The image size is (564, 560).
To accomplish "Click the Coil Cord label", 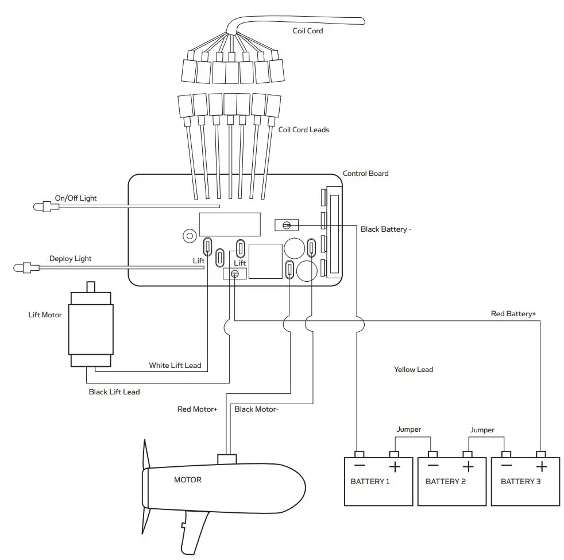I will pyautogui.click(x=308, y=31).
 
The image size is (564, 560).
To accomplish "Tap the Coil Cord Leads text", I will pyautogui.click(x=304, y=130).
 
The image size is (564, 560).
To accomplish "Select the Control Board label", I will pyautogui.click(x=365, y=173).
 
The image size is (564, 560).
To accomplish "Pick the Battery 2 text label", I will pyautogui.click(x=446, y=481).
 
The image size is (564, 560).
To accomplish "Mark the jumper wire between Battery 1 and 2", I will pyautogui.click(x=412, y=438).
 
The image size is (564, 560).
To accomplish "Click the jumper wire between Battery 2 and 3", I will pyautogui.click(x=486, y=438).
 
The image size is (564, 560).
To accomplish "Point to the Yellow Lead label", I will pyautogui.click(x=414, y=370).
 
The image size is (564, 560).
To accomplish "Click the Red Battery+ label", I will pyautogui.click(x=513, y=314).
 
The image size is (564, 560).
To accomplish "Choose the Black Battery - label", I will pyautogui.click(x=386, y=229).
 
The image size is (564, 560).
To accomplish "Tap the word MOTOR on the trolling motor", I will pyautogui.click(x=188, y=480).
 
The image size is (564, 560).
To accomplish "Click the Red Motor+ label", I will pyautogui.click(x=197, y=409).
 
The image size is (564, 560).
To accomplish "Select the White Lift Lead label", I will pyautogui.click(x=175, y=366).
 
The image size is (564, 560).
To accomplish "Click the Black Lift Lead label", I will pyautogui.click(x=114, y=392).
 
